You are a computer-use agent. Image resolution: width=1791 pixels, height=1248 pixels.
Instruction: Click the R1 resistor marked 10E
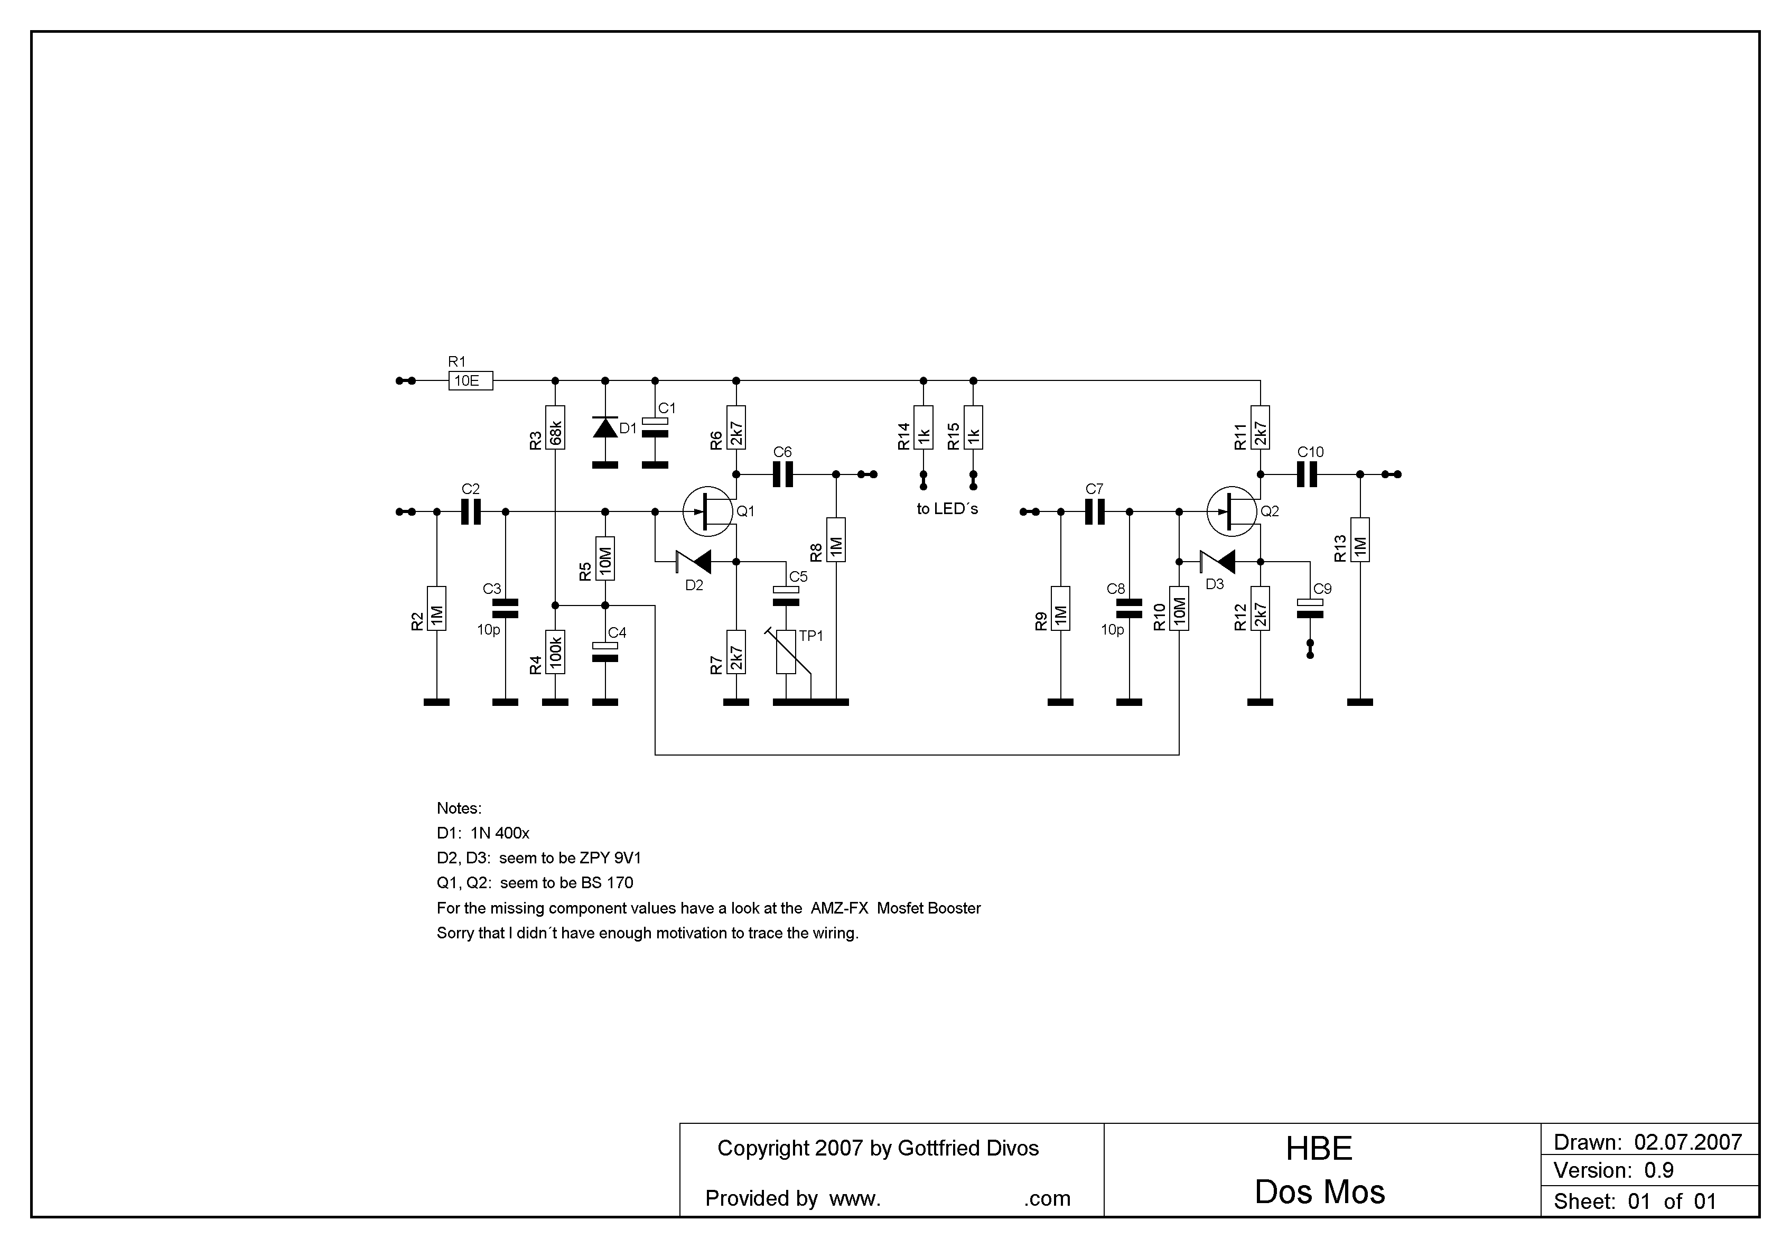tap(470, 380)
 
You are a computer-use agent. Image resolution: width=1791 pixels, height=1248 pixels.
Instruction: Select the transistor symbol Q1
tap(707, 511)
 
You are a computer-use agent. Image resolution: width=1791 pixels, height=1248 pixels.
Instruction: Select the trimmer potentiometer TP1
tap(786, 652)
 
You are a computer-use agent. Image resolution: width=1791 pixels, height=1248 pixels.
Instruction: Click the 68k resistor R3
tap(555, 427)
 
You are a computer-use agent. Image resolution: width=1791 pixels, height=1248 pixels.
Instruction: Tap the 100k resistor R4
tap(555, 652)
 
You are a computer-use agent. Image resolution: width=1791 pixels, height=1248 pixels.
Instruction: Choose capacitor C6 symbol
tap(782, 474)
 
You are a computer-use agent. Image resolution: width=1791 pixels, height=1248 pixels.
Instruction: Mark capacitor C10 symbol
tap(1307, 474)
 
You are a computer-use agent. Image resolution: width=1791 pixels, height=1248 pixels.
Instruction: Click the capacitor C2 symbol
tap(470, 511)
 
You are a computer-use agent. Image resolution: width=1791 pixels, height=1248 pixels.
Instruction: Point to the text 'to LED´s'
tap(947, 509)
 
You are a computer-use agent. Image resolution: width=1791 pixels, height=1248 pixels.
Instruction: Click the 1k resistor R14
tap(924, 427)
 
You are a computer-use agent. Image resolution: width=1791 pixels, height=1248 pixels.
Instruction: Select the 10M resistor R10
tap(1179, 608)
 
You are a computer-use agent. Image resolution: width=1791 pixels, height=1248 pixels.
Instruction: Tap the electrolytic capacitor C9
tap(1310, 608)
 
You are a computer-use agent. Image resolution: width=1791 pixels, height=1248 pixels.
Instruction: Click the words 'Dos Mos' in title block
tap(1320, 1193)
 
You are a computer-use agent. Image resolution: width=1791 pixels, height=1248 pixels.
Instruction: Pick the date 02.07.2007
tap(1688, 1143)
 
